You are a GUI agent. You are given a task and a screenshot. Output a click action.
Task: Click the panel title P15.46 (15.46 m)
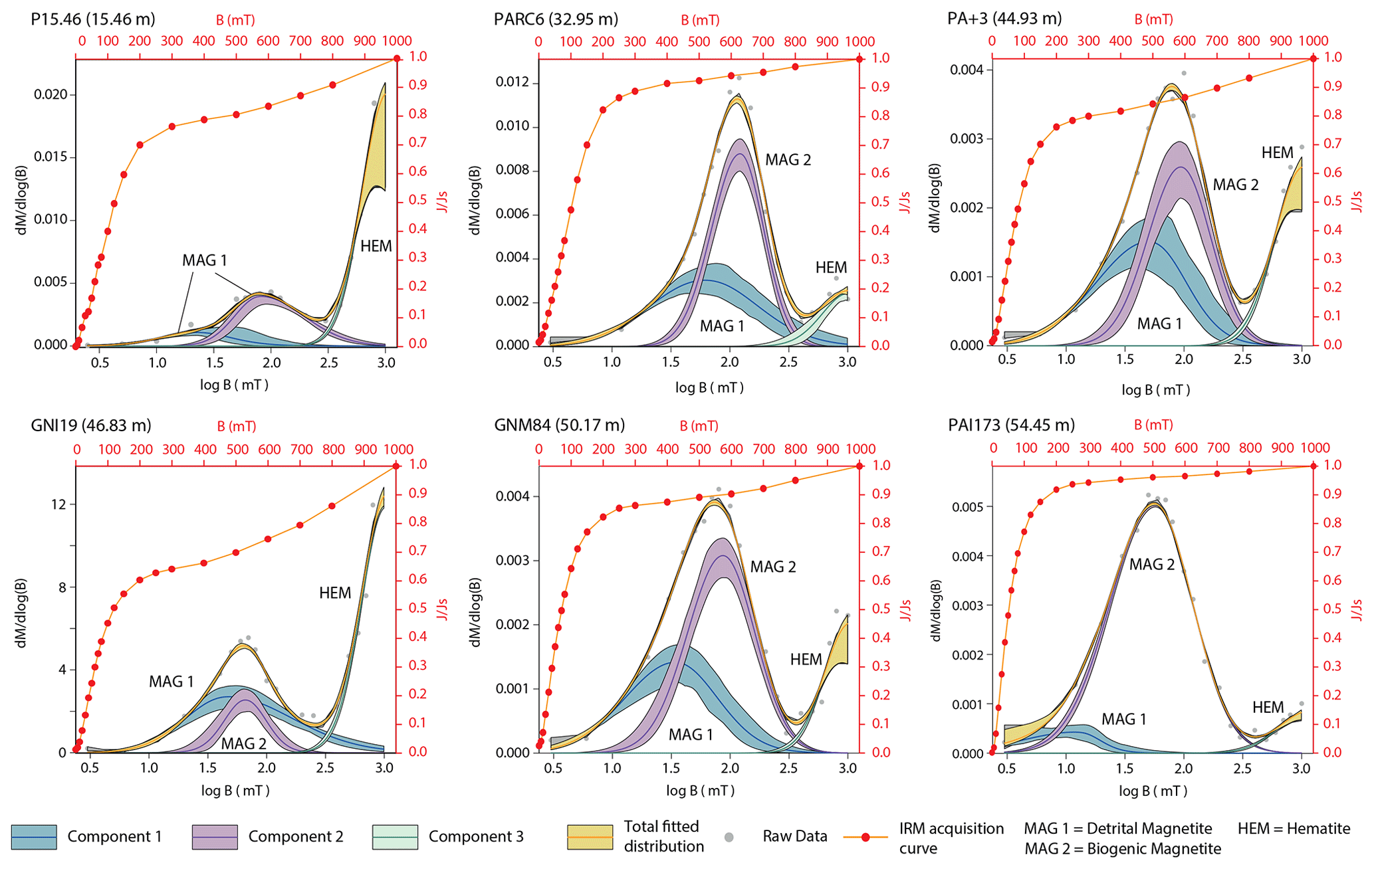click(x=92, y=19)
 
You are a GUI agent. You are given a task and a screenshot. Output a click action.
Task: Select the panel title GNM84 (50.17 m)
click(x=559, y=425)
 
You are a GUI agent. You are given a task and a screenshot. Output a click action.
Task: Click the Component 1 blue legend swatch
click(x=34, y=836)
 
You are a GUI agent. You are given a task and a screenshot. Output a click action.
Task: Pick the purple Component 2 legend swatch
click(x=214, y=836)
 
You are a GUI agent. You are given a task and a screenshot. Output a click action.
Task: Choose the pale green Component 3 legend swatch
click(x=395, y=836)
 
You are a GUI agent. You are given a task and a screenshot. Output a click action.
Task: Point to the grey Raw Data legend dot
click(x=729, y=837)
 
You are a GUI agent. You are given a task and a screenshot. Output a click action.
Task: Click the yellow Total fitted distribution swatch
click(x=590, y=836)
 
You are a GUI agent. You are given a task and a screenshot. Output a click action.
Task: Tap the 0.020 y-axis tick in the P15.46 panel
click(x=51, y=95)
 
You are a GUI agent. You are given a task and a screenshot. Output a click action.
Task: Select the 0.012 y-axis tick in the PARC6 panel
click(x=513, y=82)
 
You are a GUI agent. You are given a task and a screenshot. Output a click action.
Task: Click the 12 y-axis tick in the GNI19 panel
click(x=58, y=504)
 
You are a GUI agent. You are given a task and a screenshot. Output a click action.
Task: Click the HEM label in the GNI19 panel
click(x=334, y=593)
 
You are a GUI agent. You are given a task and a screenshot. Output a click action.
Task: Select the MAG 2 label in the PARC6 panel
click(x=788, y=160)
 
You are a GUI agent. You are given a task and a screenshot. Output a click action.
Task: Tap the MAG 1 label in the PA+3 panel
click(x=1159, y=324)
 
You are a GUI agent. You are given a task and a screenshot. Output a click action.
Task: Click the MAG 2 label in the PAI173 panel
click(x=1151, y=565)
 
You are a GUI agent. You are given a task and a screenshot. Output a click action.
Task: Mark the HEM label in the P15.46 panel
click(x=376, y=246)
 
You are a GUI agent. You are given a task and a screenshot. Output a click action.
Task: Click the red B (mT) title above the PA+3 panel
click(x=1153, y=20)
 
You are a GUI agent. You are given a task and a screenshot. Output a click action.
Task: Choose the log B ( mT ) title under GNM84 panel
click(x=700, y=791)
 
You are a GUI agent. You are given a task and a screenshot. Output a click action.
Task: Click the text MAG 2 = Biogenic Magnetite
click(x=1122, y=848)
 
